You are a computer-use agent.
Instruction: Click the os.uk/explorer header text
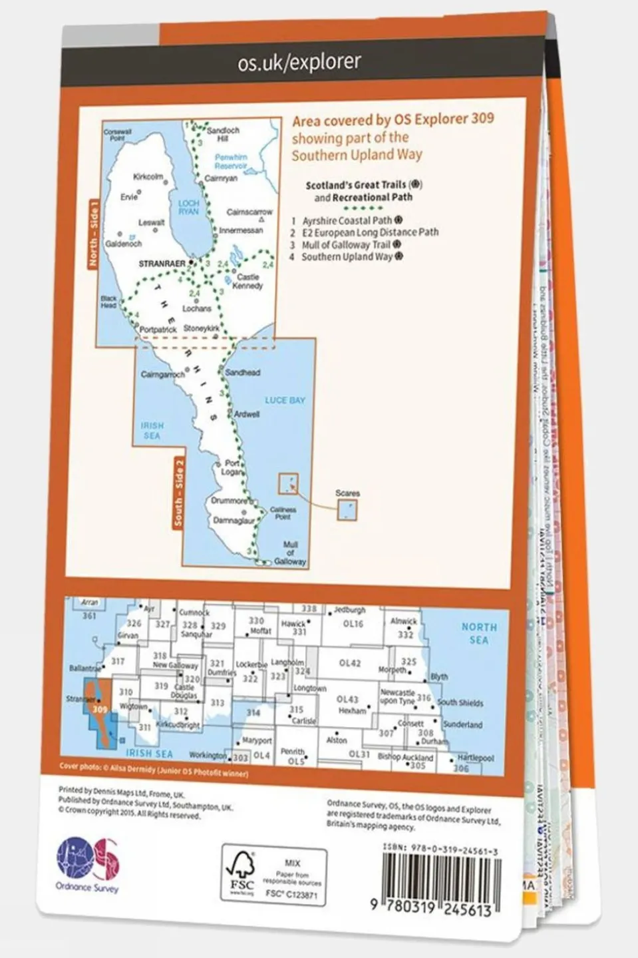click(299, 63)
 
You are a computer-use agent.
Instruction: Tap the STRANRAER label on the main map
click(162, 264)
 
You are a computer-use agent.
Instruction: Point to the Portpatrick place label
click(158, 330)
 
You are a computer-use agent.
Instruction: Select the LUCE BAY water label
click(285, 400)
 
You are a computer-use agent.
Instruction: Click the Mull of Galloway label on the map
click(290, 553)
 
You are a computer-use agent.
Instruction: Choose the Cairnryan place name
click(221, 179)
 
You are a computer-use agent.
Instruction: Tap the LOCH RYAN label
click(188, 207)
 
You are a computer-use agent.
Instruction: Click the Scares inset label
click(347, 493)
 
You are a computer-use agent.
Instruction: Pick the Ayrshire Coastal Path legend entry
click(347, 220)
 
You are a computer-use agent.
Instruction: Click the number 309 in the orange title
click(482, 119)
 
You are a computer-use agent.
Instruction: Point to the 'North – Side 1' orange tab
click(93, 236)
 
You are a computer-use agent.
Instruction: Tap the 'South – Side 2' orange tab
click(178, 493)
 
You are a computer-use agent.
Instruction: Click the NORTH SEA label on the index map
click(479, 633)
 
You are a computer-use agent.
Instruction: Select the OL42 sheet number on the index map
click(349, 663)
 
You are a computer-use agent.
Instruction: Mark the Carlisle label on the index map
click(303, 721)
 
